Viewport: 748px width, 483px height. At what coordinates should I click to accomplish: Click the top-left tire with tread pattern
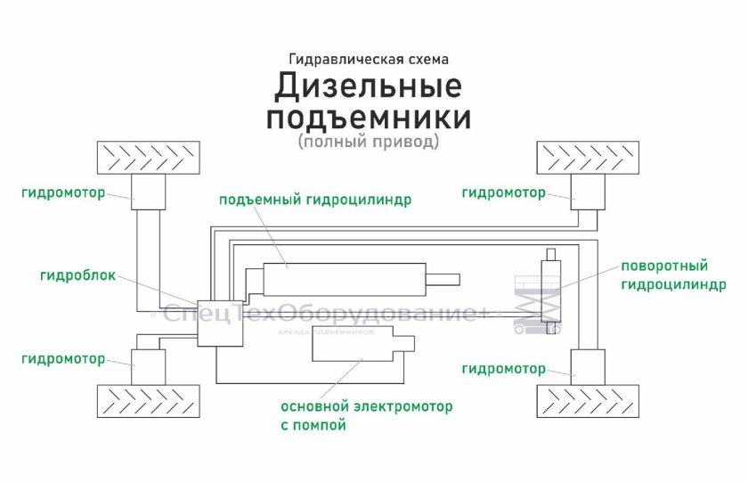[149, 158]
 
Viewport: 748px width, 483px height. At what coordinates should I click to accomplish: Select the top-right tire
[588, 158]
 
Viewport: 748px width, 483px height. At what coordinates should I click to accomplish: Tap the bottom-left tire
[149, 401]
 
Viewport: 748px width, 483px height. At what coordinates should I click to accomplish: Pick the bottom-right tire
[588, 401]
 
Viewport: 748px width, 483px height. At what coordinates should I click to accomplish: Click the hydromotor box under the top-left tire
[149, 192]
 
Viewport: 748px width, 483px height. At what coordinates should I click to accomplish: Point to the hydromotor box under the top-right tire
[588, 192]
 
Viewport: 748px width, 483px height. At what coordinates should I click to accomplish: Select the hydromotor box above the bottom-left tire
[149, 367]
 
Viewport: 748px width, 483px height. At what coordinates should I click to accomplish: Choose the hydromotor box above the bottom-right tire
[588, 367]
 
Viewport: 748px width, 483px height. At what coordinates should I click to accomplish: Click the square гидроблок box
[220, 323]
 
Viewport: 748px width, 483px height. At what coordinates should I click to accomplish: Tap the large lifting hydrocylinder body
[345, 279]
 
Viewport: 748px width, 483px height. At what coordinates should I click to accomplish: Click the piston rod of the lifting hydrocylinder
[443, 279]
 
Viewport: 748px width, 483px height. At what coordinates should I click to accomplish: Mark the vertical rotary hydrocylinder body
[551, 291]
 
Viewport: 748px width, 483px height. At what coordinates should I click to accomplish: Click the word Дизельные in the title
[368, 86]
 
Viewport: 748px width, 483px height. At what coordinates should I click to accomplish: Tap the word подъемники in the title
[369, 118]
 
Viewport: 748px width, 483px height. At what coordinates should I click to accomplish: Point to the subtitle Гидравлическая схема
[369, 59]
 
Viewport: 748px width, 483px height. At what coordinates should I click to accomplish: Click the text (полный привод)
[369, 142]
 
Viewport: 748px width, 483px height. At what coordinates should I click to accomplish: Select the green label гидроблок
[77, 276]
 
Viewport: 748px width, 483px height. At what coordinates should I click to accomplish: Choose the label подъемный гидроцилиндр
[315, 200]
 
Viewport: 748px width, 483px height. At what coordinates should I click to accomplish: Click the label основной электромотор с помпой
[366, 415]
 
